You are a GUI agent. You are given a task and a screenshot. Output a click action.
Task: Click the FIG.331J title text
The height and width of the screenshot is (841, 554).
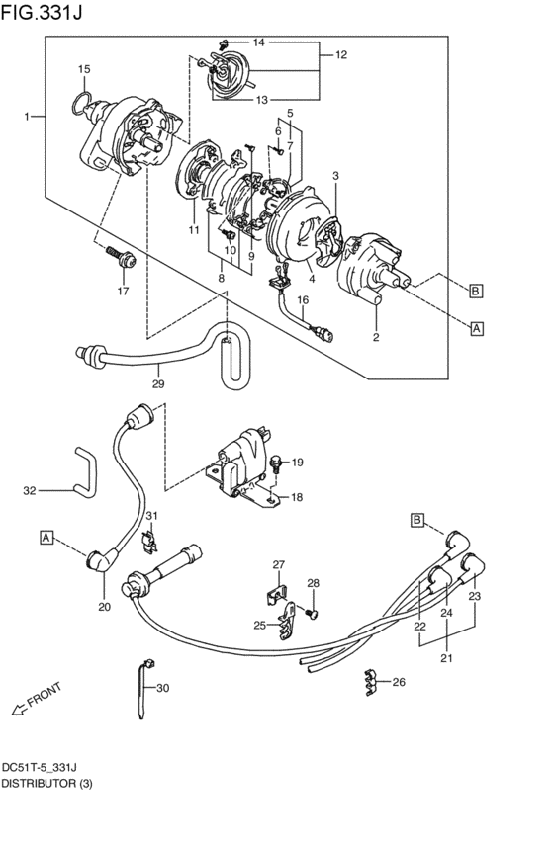click(x=42, y=12)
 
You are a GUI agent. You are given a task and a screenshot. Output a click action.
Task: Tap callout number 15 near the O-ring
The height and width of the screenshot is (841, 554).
click(x=84, y=69)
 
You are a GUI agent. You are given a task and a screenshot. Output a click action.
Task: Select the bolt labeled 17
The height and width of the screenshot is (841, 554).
click(x=122, y=258)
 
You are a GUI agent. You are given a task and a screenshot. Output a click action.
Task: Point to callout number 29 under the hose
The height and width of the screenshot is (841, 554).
click(x=158, y=383)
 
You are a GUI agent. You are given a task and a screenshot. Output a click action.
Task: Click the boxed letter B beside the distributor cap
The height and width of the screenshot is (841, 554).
click(x=476, y=292)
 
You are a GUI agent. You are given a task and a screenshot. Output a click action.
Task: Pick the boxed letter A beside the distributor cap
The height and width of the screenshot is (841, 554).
click(x=477, y=328)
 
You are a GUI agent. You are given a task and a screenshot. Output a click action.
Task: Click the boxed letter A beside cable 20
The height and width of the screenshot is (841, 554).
click(x=46, y=537)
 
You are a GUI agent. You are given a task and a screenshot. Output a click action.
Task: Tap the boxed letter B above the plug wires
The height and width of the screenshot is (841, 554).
click(x=417, y=520)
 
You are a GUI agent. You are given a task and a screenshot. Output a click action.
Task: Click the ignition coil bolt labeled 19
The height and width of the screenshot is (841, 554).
click(x=276, y=463)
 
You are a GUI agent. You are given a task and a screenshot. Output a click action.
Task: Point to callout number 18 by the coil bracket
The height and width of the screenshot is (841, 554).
click(x=297, y=497)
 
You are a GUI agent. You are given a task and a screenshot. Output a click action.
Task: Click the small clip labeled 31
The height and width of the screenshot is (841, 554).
click(x=150, y=542)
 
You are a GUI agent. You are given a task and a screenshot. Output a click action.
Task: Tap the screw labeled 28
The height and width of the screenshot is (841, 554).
click(x=311, y=613)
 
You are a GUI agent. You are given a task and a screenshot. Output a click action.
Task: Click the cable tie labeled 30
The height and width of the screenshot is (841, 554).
click(x=143, y=689)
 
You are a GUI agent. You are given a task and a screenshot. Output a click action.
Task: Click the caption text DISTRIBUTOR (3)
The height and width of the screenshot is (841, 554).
click(x=46, y=784)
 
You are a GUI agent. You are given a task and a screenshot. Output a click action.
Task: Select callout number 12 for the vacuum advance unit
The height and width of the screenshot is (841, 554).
click(x=341, y=54)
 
